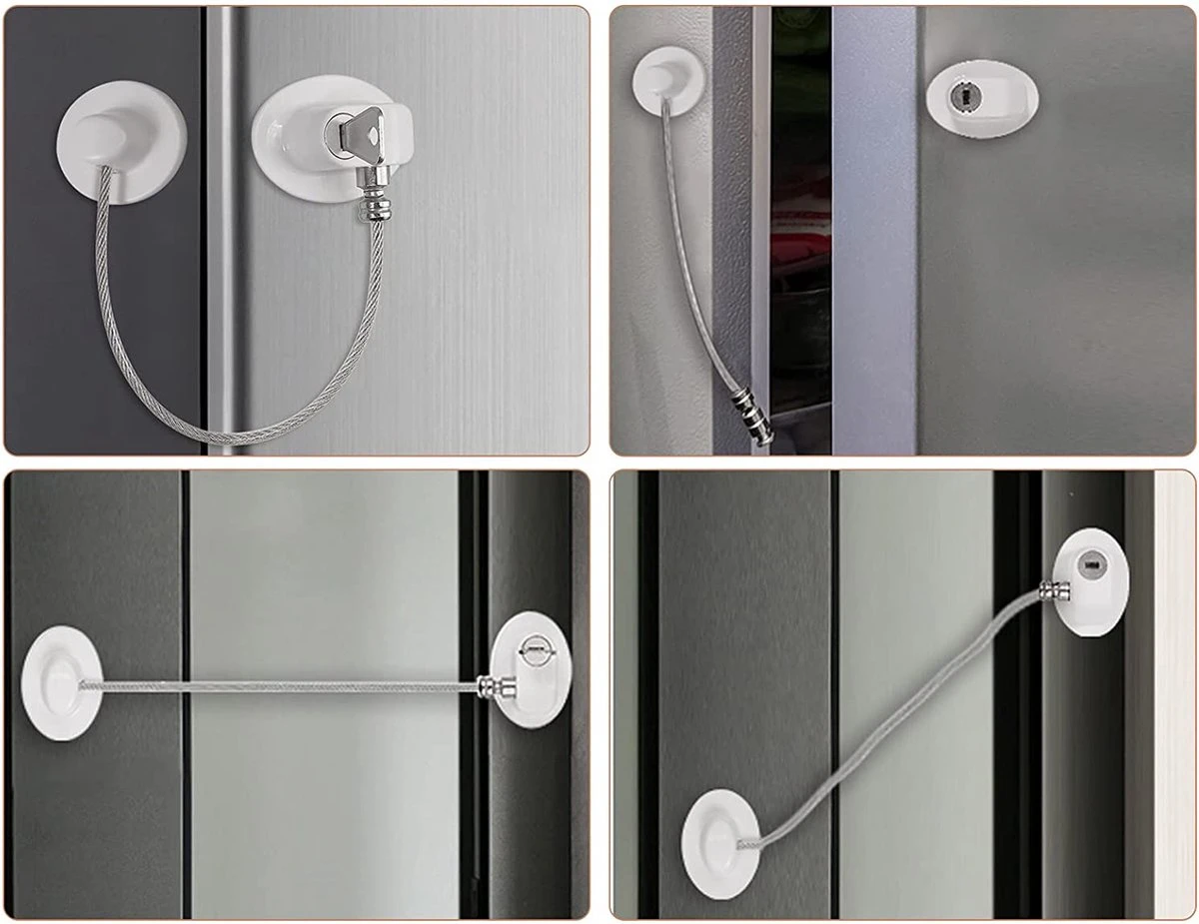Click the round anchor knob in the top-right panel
coord(667,79)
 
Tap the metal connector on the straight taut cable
coord(496,686)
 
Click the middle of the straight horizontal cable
coord(280,685)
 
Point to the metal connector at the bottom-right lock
coord(1054,591)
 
